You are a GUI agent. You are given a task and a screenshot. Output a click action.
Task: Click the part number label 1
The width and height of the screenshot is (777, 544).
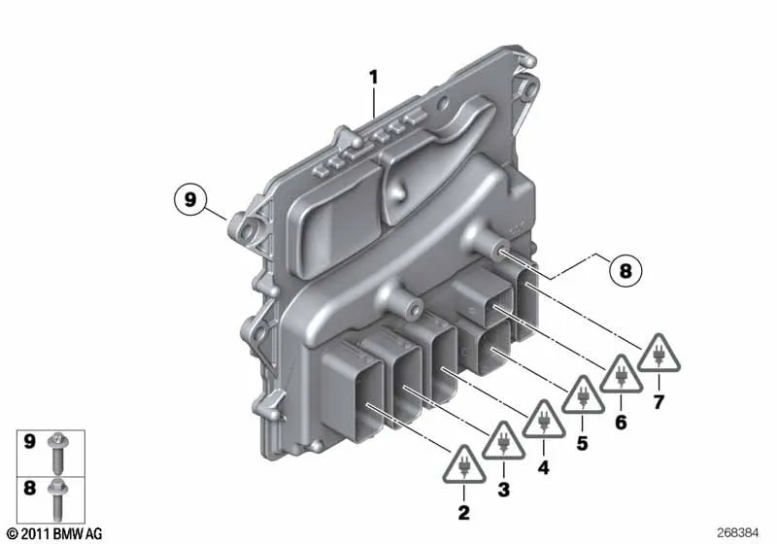[373, 75]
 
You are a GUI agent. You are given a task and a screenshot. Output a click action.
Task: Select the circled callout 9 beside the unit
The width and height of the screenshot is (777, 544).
[190, 200]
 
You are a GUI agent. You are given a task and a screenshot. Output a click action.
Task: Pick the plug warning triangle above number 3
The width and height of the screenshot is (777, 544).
[503, 443]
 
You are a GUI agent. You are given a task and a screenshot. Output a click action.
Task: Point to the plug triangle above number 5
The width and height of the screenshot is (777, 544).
[582, 393]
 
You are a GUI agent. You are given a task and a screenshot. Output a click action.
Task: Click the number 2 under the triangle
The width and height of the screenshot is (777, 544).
[463, 511]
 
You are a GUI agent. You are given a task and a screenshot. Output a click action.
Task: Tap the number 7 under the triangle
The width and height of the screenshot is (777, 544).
[659, 402]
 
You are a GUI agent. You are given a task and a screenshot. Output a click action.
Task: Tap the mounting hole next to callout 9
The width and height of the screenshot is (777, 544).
[238, 230]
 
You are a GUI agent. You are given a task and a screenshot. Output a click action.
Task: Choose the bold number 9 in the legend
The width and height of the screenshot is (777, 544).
[30, 443]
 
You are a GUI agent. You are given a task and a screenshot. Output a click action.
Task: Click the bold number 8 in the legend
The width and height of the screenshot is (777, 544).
[30, 489]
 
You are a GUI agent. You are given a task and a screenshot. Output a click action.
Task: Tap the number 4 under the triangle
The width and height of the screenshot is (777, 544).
[543, 468]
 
